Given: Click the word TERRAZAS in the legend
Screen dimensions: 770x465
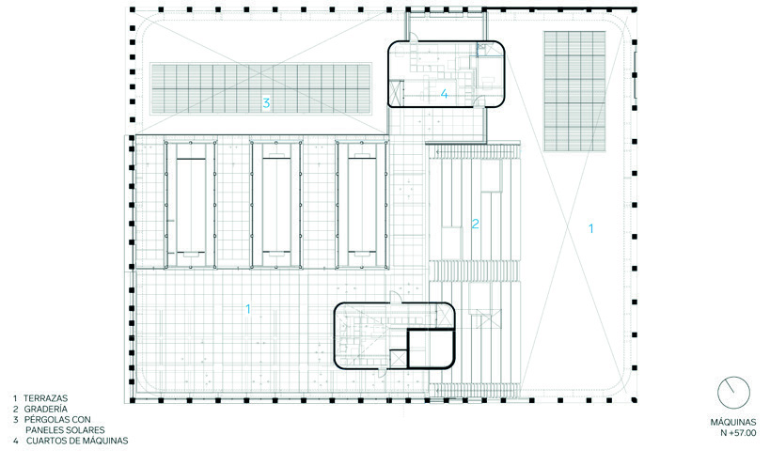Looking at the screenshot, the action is (x=46, y=398).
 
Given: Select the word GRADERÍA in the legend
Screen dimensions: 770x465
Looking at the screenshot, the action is (x=46, y=409).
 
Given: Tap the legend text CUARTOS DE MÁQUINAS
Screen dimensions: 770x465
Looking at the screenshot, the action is (x=77, y=441).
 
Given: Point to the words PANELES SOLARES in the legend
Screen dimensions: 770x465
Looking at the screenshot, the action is (x=65, y=430).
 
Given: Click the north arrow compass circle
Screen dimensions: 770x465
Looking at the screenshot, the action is (x=733, y=393).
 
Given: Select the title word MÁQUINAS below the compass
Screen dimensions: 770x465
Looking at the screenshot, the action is (x=733, y=423).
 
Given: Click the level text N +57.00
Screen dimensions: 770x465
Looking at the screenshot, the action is (x=738, y=433).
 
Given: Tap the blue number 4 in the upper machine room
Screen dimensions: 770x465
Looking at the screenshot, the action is (x=445, y=94).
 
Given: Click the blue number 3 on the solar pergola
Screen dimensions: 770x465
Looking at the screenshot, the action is (x=266, y=103).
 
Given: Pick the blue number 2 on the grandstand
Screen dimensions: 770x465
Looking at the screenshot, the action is (x=476, y=224).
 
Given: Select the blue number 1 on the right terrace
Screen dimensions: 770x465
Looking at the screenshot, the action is (x=591, y=228).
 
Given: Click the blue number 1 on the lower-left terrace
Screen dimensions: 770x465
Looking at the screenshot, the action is (x=248, y=309).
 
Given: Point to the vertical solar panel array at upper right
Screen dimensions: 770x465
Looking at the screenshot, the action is (x=574, y=91).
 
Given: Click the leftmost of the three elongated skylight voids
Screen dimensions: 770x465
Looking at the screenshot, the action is (x=191, y=205).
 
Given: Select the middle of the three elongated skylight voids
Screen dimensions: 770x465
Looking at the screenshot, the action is (x=276, y=205).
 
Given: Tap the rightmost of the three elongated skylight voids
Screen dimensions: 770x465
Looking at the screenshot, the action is (x=362, y=205).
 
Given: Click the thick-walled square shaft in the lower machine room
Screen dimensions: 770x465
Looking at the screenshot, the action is (x=431, y=349).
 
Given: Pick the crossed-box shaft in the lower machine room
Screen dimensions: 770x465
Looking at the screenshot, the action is (x=398, y=359).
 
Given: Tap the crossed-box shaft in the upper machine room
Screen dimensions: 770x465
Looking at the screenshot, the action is (x=395, y=90).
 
